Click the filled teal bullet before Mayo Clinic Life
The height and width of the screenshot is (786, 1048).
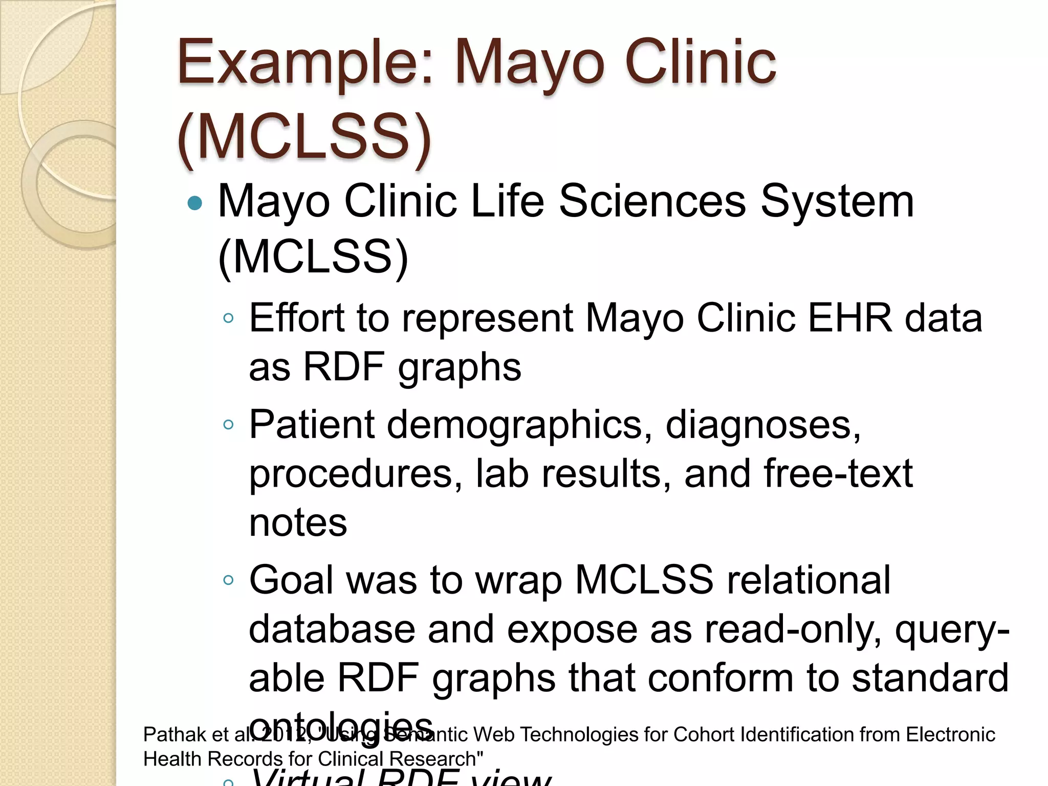pos(195,204)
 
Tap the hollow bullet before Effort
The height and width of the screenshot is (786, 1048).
pos(228,319)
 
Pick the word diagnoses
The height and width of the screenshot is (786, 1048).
pos(762,425)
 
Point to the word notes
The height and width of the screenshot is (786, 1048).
pos(298,523)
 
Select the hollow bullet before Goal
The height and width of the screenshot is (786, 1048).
pos(228,580)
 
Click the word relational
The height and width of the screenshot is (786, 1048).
pos(809,580)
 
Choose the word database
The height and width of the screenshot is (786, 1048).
pos(332,629)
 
